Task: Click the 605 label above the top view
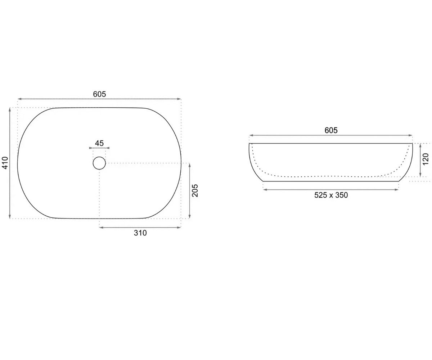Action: (x=99, y=94)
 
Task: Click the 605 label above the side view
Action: (x=331, y=130)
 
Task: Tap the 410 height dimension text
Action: (x=5, y=163)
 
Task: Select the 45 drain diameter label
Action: (x=99, y=143)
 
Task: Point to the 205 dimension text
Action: (x=195, y=190)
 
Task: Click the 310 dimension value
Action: (x=140, y=233)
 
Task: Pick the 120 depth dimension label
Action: (x=426, y=159)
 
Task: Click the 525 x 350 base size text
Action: (x=331, y=195)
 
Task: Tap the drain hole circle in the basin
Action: (x=99, y=163)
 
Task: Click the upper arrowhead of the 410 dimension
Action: (x=10, y=109)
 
